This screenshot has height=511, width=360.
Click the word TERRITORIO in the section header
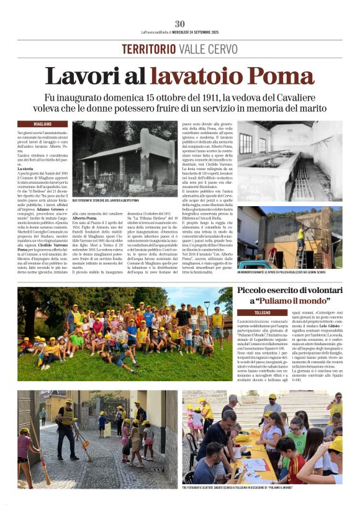coord(148,49)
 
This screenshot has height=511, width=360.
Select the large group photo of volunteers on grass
coord(125,333)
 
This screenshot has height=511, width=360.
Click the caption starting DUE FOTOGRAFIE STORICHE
coord(106,201)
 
